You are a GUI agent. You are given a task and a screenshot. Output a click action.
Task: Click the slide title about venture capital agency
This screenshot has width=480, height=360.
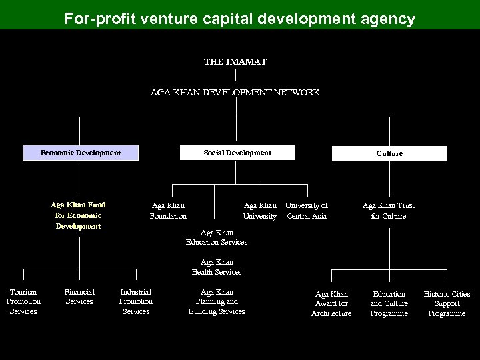(239, 18)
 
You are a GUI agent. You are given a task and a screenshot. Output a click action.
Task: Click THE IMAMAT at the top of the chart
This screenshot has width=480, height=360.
(235, 61)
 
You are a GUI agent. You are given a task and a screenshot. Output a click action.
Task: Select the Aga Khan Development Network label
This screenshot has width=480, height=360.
(235, 93)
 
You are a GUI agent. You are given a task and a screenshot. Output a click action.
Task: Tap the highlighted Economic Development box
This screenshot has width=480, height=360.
(81, 153)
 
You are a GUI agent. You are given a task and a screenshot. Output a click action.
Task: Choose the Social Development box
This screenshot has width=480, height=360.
(237, 153)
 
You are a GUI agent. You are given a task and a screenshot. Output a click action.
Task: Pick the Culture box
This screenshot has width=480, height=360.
(389, 153)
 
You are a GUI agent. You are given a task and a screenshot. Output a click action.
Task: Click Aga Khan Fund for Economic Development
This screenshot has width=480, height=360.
(79, 215)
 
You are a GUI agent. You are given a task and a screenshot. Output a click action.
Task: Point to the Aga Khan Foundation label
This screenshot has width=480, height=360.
(168, 211)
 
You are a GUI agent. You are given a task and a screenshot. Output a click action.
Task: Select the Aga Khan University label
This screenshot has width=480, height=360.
(260, 211)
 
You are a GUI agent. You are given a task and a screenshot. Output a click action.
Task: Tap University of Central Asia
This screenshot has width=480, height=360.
(307, 211)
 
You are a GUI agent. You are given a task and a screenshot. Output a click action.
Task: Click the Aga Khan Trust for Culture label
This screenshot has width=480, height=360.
(389, 211)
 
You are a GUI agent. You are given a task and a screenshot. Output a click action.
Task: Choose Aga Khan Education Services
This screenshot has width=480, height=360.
(217, 237)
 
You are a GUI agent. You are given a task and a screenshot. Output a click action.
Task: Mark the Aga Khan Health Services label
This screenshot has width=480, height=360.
(217, 267)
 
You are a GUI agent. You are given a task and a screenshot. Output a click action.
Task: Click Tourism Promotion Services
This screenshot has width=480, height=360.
(23, 301)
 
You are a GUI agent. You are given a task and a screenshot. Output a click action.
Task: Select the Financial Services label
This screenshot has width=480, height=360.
(79, 297)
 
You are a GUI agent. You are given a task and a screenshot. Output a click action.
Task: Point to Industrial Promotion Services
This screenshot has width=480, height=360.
(136, 301)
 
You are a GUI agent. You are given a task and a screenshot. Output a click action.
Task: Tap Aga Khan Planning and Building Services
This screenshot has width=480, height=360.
(217, 301)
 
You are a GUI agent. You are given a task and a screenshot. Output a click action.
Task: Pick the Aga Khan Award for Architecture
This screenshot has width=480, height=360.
(331, 303)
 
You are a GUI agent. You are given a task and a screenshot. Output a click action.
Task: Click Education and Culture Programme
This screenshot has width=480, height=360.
(389, 303)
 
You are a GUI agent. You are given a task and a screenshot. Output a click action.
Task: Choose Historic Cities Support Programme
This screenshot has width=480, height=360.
(447, 303)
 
